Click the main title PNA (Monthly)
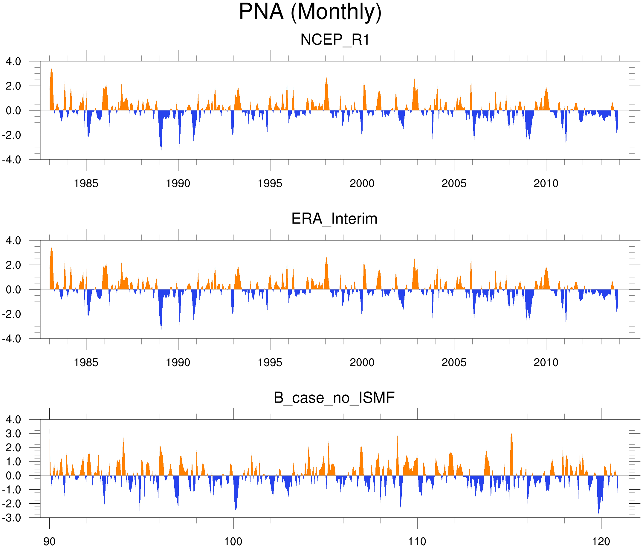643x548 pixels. click(x=310, y=13)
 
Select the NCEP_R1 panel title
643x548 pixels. click(x=335, y=40)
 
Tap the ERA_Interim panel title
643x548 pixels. click(x=334, y=219)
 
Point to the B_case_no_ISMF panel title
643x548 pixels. click(x=334, y=398)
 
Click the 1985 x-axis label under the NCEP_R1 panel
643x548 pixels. click(x=86, y=183)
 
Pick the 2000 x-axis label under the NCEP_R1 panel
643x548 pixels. click(x=362, y=183)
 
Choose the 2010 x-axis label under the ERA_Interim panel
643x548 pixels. click(x=546, y=362)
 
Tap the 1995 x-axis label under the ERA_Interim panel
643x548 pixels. click(x=270, y=362)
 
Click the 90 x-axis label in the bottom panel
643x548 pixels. click(x=49, y=542)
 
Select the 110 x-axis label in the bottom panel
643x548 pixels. click(x=417, y=542)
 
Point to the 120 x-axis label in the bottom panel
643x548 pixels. click(x=601, y=542)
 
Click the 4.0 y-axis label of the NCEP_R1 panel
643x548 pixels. click(x=13, y=62)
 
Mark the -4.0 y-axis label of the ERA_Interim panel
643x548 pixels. click(x=12, y=338)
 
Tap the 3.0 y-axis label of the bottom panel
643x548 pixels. click(x=13, y=434)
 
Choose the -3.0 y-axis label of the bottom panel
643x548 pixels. click(x=12, y=518)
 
